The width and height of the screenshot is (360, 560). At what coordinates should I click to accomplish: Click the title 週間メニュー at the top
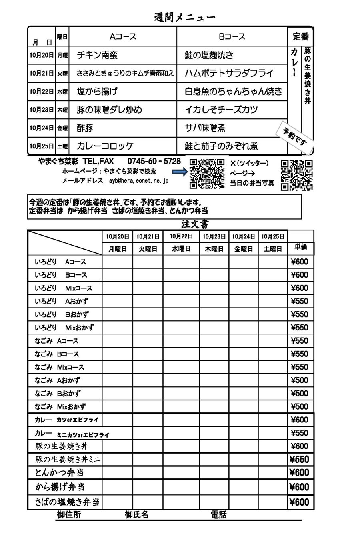click(x=184, y=18)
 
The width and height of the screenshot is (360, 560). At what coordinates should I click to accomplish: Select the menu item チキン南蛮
click(x=97, y=55)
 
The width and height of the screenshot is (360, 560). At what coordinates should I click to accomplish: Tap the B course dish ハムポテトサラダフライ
click(x=229, y=73)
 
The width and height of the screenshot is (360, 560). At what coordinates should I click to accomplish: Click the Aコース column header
click(x=123, y=36)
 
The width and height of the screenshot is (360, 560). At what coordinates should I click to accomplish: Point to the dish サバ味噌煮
click(x=205, y=128)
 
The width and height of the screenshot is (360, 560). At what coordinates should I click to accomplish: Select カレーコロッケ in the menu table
click(x=105, y=146)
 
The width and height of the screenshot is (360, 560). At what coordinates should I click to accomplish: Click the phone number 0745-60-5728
click(x=154, y=161)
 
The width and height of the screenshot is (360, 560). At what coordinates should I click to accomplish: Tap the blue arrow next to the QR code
click(x=180, y=172)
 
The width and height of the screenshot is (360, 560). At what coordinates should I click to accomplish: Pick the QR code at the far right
click(x=296, y=175)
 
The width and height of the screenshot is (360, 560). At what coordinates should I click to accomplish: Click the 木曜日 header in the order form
click(x=214, y=249)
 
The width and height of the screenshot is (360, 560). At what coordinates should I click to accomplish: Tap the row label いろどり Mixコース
click(x=64, y=288)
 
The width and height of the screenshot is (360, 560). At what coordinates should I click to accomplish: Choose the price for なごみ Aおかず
click(x=300, y=380)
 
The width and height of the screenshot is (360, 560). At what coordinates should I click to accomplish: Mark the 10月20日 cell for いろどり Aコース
click(x=118, y=262)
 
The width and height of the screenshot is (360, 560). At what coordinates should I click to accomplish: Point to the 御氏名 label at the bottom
click(x=136, y=515)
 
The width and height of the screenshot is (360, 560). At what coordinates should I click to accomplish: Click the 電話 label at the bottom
click(x=218, y=515)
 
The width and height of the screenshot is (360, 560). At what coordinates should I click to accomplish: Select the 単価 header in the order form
click(x=300, y=247)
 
